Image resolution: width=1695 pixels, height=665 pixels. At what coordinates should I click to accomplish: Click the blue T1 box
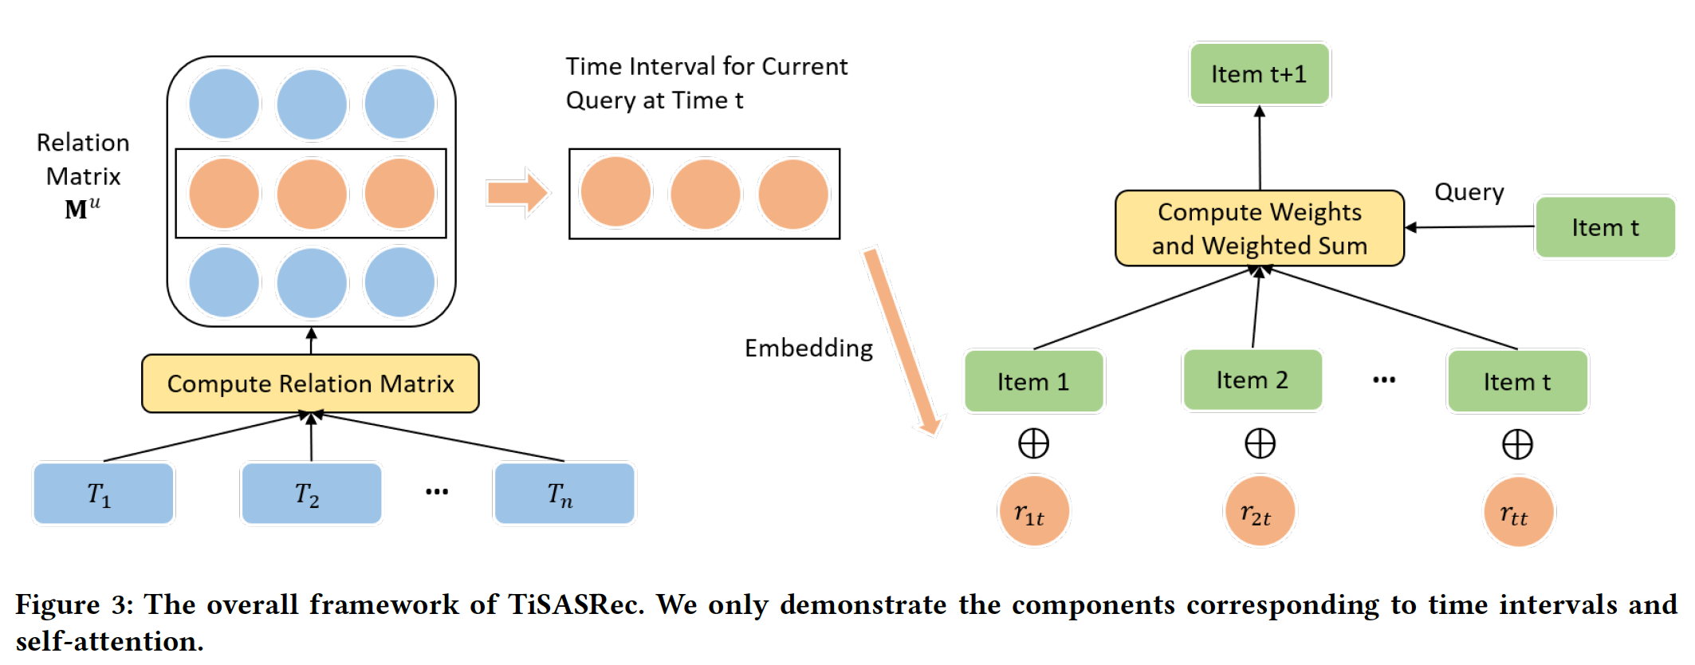tap(103, 494)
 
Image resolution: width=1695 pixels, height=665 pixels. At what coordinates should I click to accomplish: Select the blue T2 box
tap(311, 494)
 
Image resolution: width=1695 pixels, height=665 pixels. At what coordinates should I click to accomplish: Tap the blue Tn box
tap(564, 494)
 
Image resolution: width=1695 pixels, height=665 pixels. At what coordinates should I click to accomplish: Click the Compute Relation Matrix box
tap(310, 384)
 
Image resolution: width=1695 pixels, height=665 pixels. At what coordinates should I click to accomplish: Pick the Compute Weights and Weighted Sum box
tap(1259, 228)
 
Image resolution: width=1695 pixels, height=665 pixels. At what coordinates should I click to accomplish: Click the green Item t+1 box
tap(1259, 74)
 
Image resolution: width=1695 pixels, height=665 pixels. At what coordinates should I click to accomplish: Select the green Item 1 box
tap(1033, 381)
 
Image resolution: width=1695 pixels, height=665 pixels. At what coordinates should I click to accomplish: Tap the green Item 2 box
tap(1252, 380)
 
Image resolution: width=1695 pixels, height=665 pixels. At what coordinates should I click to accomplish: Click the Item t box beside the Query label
tap(1604, 227)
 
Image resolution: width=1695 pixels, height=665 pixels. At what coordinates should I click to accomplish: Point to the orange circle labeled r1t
tap(1033, 511)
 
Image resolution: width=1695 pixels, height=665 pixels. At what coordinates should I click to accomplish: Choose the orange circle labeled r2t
tap(1259, 511)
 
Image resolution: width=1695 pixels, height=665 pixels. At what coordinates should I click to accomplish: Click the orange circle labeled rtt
tap(1518, 512)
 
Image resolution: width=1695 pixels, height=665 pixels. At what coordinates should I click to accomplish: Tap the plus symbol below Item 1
tap(1033, 443)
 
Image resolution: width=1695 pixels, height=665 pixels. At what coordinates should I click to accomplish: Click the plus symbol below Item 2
tap(1260, 443)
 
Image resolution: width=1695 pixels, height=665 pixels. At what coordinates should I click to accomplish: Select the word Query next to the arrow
tap(1469, 192)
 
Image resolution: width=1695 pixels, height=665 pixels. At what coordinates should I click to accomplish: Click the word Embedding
tap(808, 348)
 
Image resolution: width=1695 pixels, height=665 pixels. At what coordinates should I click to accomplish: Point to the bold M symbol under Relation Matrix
tap(77, 209)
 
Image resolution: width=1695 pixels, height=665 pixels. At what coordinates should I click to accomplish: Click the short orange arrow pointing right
tap(517, 192)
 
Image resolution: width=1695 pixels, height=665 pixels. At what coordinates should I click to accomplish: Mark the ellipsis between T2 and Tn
tap(437, 491)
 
